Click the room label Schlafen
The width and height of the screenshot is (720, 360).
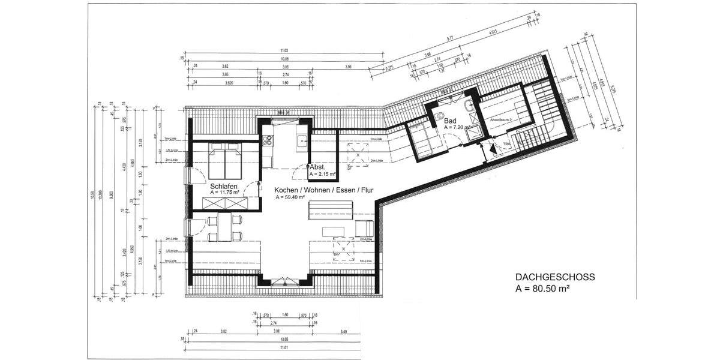tap(225, 186)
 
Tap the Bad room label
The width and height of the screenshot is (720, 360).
tap(450, 121)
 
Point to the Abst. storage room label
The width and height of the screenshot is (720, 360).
tap(318, 167)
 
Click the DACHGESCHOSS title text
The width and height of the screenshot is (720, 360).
tap(555, 277)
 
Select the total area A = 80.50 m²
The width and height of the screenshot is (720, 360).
tap(542, 288)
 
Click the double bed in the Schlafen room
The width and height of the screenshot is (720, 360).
tap(225, 161)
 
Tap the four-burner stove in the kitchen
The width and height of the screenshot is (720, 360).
tap(268, 142)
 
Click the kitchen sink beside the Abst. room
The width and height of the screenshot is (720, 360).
tap(302, 142)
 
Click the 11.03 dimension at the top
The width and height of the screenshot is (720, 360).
tap(284, 51)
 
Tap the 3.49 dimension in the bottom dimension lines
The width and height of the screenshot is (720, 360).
tap(343, 331)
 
